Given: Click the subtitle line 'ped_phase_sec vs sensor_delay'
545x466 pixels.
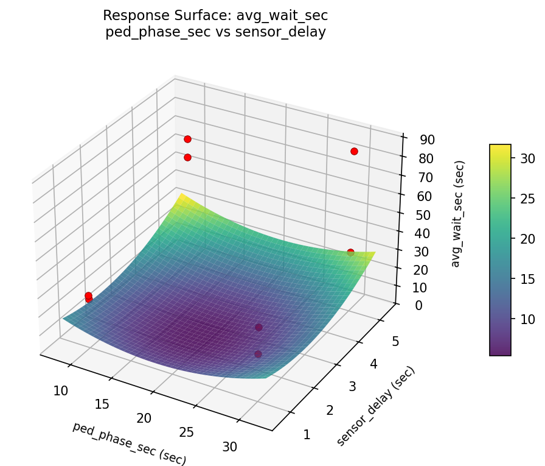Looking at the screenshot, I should pyautogui.click(x=215, y=32).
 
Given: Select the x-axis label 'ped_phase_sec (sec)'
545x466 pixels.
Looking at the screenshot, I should pyautogui.click(x=129, y=443).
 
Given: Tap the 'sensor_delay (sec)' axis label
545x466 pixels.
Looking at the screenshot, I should pyautogui.click(x=375, y=406).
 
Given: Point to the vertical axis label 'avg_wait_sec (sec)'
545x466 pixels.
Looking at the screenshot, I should pyautogui.click(x=458, y=213).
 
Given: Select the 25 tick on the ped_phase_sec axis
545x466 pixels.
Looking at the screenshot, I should pyautogui.click(x=187, y=432).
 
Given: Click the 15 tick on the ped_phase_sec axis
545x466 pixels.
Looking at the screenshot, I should pyautogui.click(x=102, y=404).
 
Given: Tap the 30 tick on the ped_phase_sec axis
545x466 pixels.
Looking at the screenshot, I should pyautogui.click(x=230, y=447).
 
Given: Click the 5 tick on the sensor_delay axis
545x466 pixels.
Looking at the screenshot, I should pyautogui.click(x=395, y=342).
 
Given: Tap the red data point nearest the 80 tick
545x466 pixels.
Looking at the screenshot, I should pyautogui.click(x=354, y=151).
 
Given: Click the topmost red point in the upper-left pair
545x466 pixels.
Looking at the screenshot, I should pyautogui.click(x=187, y=139).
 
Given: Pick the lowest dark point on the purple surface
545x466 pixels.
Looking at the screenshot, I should pyautogui.click(x=258, y=354).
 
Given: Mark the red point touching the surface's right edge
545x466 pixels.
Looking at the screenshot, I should pyautogui.click(x=350, y=252).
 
